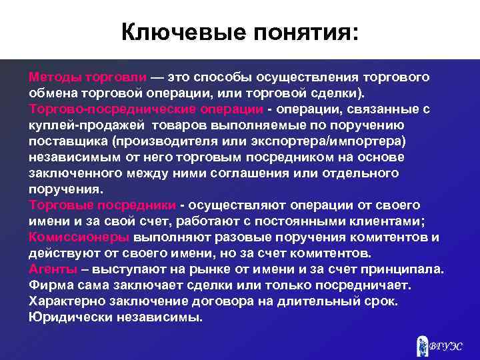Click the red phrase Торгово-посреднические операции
coord(141,109)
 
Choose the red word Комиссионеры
coord(79,237)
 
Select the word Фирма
coord(50,285)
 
